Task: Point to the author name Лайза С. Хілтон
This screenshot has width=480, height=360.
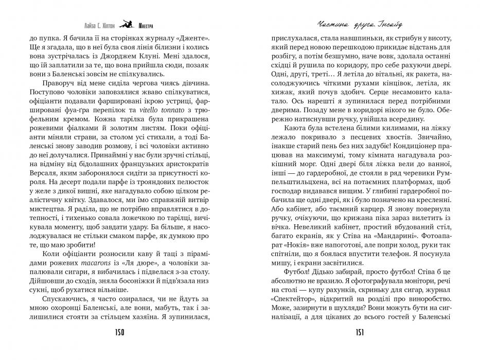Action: (x=98, y=23)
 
